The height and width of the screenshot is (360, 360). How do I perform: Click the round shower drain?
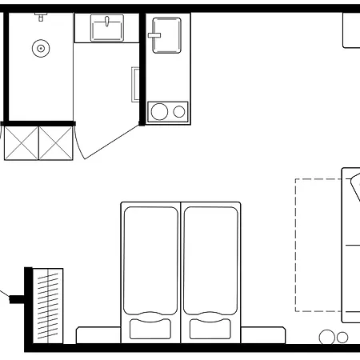[x=39, y=49]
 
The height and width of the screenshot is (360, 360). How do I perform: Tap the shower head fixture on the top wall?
[x=40, y=14]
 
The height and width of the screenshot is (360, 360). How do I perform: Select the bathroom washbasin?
[x=106, y=30]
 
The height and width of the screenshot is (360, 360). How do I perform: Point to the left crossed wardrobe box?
[x=22, y=142]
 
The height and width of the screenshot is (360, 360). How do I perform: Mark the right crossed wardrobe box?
[x=56, y=142]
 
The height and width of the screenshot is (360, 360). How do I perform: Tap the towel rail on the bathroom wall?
[x=134, y=83]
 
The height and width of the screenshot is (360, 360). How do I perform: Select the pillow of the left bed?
[x=150, y=329]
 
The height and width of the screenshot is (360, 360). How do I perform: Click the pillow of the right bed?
[x=211, y=329]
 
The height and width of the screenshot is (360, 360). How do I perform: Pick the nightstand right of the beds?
[x=263, y=335]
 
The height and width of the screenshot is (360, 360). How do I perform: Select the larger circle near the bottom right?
[x=327, y=338]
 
